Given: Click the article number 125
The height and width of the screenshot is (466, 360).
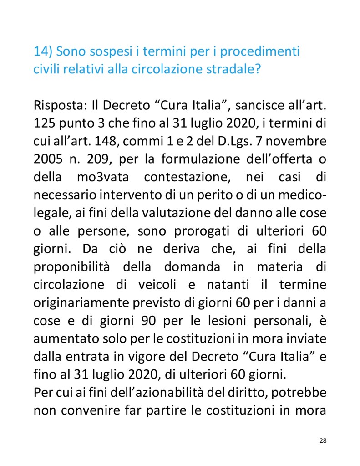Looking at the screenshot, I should coord(44,124).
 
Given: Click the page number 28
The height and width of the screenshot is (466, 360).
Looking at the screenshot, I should coord(323,440).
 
